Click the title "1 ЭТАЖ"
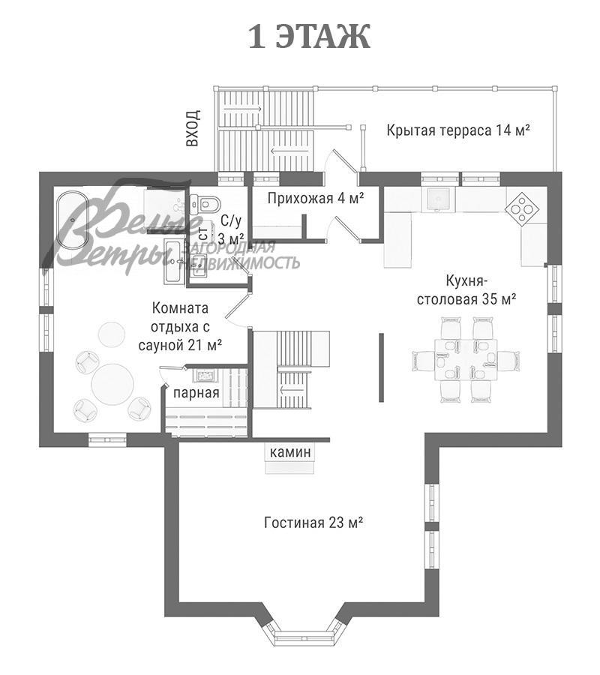(309, 37)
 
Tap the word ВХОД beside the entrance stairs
(193, 127)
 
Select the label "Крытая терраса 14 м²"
(457, 130)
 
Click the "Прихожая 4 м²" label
(316, 198)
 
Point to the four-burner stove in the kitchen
(522, 208)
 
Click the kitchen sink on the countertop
(439, 199)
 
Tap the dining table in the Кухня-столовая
(466, 359)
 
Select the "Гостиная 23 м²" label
(313, 523)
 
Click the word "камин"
(290, 452)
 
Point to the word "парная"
(196, 392)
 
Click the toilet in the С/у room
(205, 202)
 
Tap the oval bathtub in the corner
(73, 220)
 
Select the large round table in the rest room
(112, 385)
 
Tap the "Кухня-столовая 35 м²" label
(466, 290)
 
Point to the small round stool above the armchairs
(112, 334)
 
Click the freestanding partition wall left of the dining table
(381, 367)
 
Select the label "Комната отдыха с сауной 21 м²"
(180, 326)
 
